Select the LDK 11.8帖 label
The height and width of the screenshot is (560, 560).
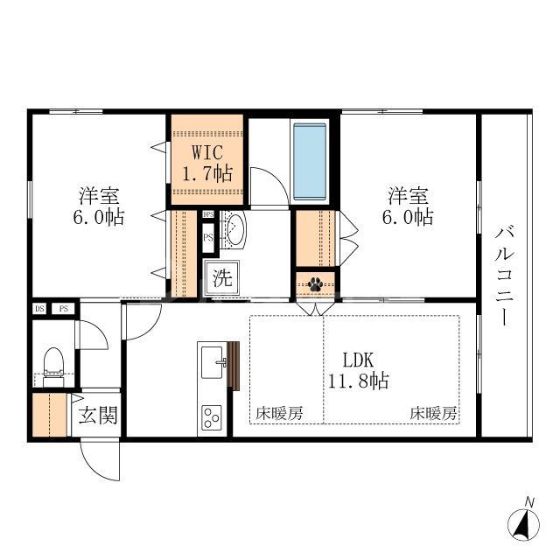(x=359, y=370)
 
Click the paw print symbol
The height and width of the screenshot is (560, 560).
(x=315, y=283)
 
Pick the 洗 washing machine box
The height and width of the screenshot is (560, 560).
(x=223, y=281)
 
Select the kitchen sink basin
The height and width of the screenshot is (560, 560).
(x=211, y=359)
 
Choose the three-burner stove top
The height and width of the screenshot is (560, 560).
(x=212, y=415)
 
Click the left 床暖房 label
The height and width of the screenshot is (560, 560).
(x=279, y=414)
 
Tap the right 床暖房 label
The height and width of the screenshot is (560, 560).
(x=434, y=414)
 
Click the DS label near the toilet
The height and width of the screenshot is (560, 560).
(x=39, y=308)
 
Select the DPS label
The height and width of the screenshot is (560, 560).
(x=208, y=214)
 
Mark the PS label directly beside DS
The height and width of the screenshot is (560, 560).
(x=64, y=308)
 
